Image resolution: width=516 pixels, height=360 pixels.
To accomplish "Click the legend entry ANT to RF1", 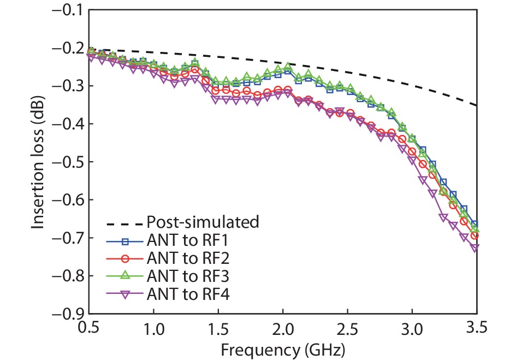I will [182, 240].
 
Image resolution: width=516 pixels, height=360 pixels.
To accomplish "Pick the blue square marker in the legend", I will [125, 240].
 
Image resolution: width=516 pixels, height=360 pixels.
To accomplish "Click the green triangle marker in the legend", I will [125, 276].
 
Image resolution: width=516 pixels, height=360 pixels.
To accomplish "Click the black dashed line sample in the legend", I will [125, 222].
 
